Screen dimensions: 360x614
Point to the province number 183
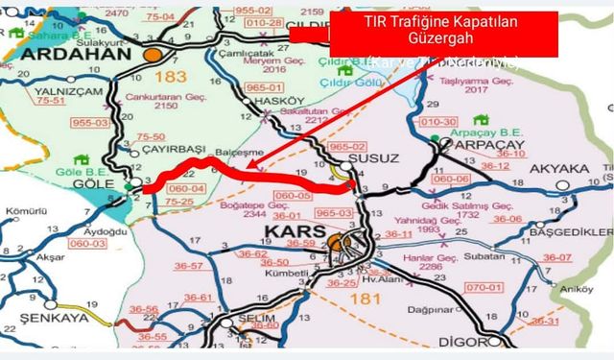point(177,74)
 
